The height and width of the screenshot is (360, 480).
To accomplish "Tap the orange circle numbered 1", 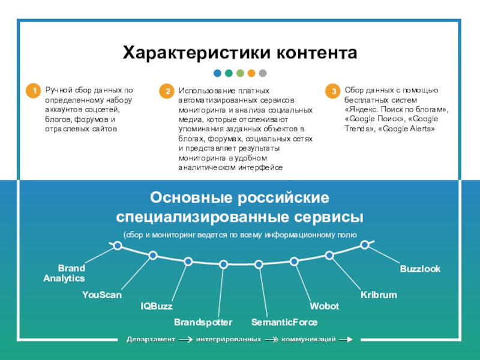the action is [35, 91].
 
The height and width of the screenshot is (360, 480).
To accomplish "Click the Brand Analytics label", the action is [64, 273].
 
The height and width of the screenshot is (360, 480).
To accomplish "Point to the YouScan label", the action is [102, 295].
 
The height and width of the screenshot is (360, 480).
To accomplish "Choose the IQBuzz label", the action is [156, 307].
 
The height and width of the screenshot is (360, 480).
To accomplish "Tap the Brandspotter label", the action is [203, 323].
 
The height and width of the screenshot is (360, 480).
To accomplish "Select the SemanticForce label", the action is [284, 323].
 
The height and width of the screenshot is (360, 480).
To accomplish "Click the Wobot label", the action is [324, 307].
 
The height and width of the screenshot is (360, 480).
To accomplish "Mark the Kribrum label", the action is [379, 295].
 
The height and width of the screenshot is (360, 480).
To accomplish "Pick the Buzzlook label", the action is [420, 269].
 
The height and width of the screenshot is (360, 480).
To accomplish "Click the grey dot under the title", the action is [263, 73].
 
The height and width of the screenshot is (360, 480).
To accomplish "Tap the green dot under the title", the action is [240, 73].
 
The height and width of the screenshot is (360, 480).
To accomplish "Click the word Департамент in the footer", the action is [150, 340].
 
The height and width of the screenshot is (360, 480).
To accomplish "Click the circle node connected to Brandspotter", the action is [224, 264].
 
